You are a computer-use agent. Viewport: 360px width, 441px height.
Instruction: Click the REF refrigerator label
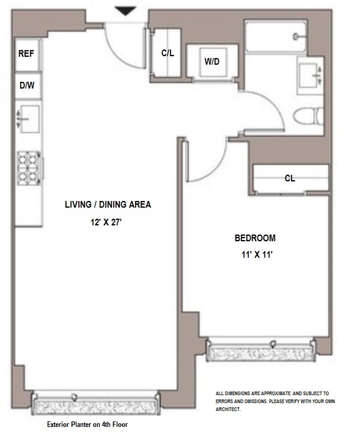[x=26, y=53]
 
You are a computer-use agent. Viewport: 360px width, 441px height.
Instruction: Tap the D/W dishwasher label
[x=27, y=86]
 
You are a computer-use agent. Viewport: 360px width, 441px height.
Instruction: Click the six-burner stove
[x=29, y=168]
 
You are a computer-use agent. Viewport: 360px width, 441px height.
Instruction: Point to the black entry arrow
[x=125, y=11]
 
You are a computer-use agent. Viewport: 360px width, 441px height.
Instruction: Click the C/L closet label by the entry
[x=167, y=53]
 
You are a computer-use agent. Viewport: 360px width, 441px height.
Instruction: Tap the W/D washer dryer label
[x=212, y=61]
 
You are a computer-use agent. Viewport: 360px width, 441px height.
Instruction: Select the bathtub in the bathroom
[x=276, y=35]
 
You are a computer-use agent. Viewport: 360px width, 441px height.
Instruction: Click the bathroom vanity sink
[x=310, y=75]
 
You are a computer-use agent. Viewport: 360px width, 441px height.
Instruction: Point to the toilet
[x=308, y=116]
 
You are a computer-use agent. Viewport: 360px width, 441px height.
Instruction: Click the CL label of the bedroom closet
[x=290, y=178]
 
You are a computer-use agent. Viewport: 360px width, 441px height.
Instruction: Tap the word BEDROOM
[x=255, y=238]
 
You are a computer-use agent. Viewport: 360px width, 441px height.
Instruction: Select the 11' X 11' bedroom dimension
[x=257, y=255]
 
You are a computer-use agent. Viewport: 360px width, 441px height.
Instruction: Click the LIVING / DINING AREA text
[x=108, y=205]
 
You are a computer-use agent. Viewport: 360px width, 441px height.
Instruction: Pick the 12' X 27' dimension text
[x=106, y=222]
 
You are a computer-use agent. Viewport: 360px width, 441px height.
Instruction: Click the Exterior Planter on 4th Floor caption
[x=87, y=425]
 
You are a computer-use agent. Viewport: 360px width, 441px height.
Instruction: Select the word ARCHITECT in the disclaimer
[x=228, y=409]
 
